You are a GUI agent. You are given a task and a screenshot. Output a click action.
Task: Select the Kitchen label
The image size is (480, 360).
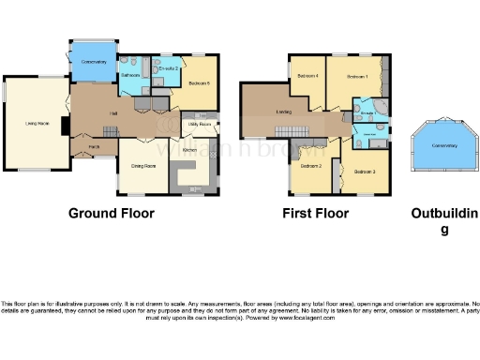click(x=189, y=150)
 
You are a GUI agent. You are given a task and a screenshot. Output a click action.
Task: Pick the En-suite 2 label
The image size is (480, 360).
click(x=168, y=68)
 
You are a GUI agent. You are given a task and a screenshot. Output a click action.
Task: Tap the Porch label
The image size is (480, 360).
click(x=95, y=146)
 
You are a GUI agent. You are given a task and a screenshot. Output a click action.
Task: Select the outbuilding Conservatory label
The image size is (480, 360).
click(x=444, y=146)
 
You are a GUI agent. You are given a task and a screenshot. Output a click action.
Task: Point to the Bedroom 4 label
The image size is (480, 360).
click(x=307, y=75)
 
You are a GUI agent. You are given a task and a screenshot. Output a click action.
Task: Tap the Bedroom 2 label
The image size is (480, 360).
click(x=311, y=166)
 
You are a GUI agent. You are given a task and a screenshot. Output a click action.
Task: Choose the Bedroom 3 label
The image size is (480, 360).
click(x=365, y=172)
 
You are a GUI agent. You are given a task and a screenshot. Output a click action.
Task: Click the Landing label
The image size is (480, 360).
click(x=282, y=113)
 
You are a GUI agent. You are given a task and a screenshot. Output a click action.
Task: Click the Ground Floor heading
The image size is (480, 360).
click(x=112, y=213)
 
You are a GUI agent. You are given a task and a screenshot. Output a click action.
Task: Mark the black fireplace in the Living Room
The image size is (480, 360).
click(x=64, y=125)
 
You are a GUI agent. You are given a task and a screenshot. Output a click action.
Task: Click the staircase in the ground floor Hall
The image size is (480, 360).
click(x=142, y=122)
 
